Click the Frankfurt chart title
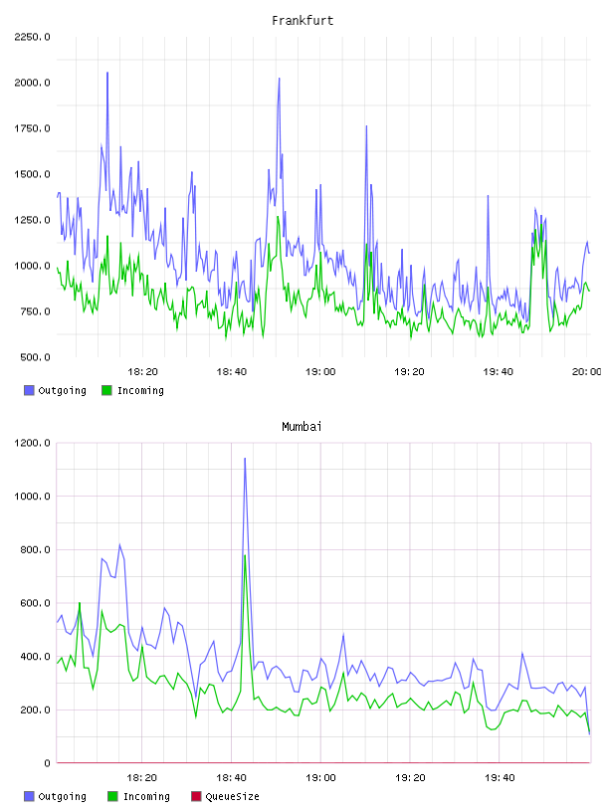pyautogui.click(x=302, y=20)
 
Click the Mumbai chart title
pyautogui.click(x=302, y=426)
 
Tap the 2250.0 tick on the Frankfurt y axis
pyautogui.click(x=32, y=37)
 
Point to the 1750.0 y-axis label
pyautogui.click(x=32, y=128)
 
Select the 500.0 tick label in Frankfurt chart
pyautogui.click(x=35, y=357)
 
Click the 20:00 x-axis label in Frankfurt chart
pyautogui.click(x=586, y=371)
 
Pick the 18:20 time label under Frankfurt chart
pyautogui.click(x=142, y=371)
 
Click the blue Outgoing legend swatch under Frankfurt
pyautogui.click(x=29, y=390)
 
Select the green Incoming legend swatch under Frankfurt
pyautogui.click(x=106, y=390)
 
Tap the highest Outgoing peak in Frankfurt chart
pyautogui.click(x=107, y=73)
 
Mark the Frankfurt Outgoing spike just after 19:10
pyautogui.click(x=366, y=126)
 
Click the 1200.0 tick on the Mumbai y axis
pyautogui.click(x=32, y=443)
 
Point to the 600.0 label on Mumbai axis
pyautogui.click(x=35, y=603)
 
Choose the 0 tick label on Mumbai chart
pyautogui.click(x=47, y=763)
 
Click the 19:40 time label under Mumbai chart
pyautogui.click(x=500, y=777)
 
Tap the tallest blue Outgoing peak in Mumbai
pyautogui.click(x=245, y=459)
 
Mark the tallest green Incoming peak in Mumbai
pyautogui.click(x=245, y=555)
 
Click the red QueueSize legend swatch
pyautogui.click(x=196, y=796)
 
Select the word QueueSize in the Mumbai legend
pyautogui.click(x=232, y=796)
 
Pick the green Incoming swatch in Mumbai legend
pyautogui.click(x=112, y=796)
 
